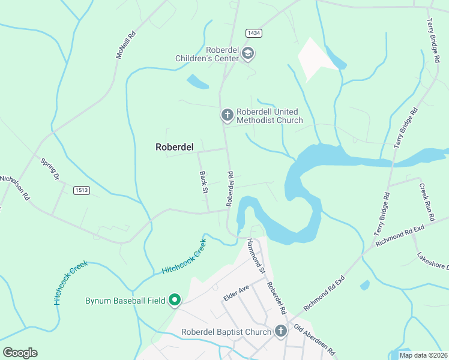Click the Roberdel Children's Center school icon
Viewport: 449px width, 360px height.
247,54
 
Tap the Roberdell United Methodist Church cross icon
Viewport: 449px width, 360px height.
227,114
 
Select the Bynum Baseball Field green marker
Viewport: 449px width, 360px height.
175,299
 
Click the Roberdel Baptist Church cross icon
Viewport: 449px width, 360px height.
280,331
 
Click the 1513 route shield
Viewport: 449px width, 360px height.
82,190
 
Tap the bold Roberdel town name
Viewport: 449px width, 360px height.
174,146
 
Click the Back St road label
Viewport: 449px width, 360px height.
203,182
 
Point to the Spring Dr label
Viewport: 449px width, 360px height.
50,169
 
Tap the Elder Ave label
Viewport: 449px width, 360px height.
235,292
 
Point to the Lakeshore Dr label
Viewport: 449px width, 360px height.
433,262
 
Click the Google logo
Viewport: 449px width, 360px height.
20,352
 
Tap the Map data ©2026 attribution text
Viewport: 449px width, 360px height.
423,355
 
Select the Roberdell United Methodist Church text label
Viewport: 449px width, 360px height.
270,116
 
